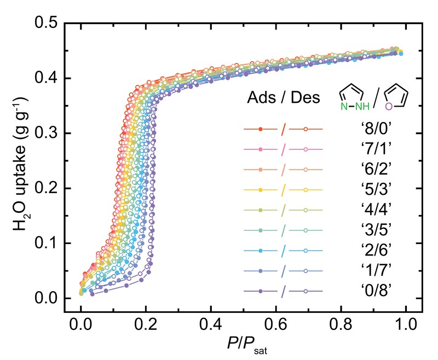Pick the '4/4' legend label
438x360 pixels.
[x=370, y=210]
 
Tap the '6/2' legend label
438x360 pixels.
[x=370, y=170]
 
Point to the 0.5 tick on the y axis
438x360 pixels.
[x=46, y=24]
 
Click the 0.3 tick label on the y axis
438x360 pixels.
[x=46, y=133]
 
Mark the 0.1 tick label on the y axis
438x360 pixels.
[x=46, y=243]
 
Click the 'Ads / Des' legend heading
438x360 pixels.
[x=281, y=100]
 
